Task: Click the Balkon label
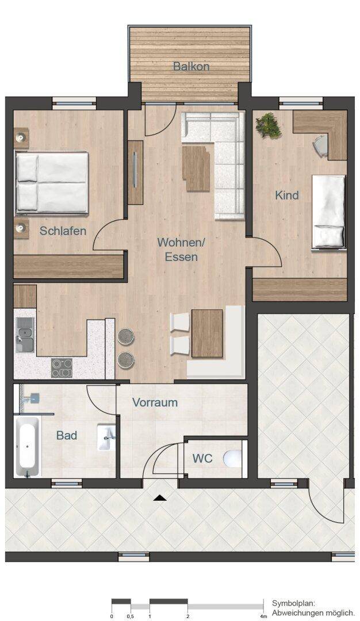[x=191, y=66]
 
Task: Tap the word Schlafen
[x=63, y=231]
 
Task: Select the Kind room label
[x=287, y=195]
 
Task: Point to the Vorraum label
[x=155, y=402]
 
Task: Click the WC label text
[x=202, y=458]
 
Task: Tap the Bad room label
[x=67, y=435]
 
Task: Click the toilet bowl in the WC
[x=232, y=459]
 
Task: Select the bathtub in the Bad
[x=28, y=446]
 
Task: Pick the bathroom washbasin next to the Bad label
[x=106, y=437]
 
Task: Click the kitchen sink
[x=25, y=335]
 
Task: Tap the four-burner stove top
[x=62, y=367]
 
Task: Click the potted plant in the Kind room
[x=269, y=125]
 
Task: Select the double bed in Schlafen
[x=52, y=183]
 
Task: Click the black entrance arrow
[x=160, y=498]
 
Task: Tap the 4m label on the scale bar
[x=263, y=616]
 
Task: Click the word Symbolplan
[x=293, y=604]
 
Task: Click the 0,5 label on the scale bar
[x=130, y=616]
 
